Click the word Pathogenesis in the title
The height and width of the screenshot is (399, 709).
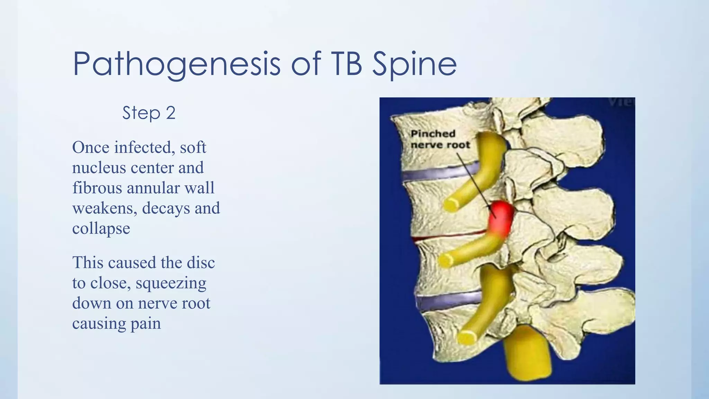point(177,64)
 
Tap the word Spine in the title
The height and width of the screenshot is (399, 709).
point(414,64)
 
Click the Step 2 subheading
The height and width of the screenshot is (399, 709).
point(149,113)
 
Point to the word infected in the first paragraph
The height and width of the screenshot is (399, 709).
point(143,148)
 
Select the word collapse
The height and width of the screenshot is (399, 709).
point(101,229)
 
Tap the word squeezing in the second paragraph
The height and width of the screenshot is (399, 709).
point(171,283)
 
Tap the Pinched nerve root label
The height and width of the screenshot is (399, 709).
point(440,139)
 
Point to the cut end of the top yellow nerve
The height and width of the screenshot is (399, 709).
point(451,205)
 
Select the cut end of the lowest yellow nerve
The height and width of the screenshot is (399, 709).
point(466,337)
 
